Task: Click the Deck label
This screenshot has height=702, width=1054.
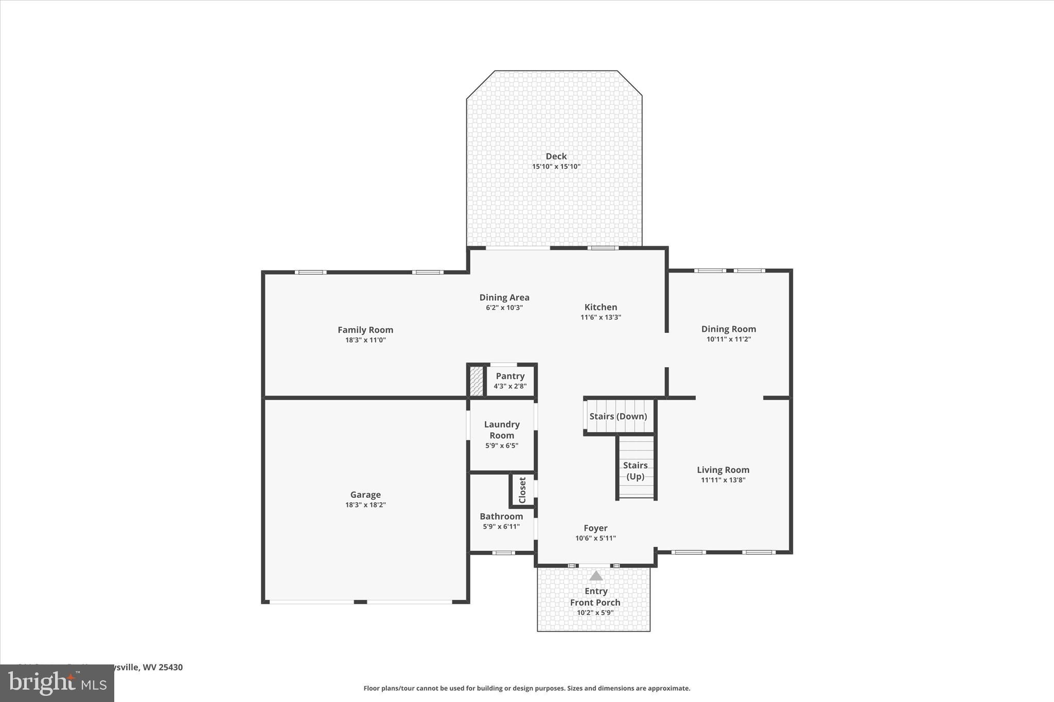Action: tap(556, 156)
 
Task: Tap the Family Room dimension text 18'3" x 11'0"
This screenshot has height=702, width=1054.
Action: tap(365, 340)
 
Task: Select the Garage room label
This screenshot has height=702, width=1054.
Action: tap(365, 495)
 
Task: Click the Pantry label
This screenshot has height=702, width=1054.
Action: tap(510, 376)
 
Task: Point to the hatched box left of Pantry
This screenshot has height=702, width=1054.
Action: tap(477, 381)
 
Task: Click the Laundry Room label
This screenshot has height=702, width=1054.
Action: tap(502, 429)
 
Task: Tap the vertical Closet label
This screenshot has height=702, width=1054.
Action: tap(522, 490)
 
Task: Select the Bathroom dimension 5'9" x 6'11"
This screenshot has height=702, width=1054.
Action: tap(501, 527)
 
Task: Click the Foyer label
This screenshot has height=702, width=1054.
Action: tap(595, 528)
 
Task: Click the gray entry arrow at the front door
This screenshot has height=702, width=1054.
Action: tap(595, 575)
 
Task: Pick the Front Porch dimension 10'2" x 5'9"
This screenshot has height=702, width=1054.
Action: tap(595, 613)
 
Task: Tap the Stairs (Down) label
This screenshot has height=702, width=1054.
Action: tap(618, 416)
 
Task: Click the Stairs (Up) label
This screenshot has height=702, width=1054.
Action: tap(635, 471)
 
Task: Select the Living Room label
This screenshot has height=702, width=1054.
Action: tap(723, 470)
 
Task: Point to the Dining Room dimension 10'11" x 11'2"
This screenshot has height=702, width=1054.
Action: tap(729, 339)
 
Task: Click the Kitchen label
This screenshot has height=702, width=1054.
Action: tap(601, 307)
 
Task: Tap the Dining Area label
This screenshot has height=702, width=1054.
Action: tap(504, 297)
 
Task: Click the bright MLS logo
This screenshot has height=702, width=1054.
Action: tap(57, 683)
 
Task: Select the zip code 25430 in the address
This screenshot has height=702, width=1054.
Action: tap(170, 667)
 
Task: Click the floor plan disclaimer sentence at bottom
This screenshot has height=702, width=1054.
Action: tap(527, 688)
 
